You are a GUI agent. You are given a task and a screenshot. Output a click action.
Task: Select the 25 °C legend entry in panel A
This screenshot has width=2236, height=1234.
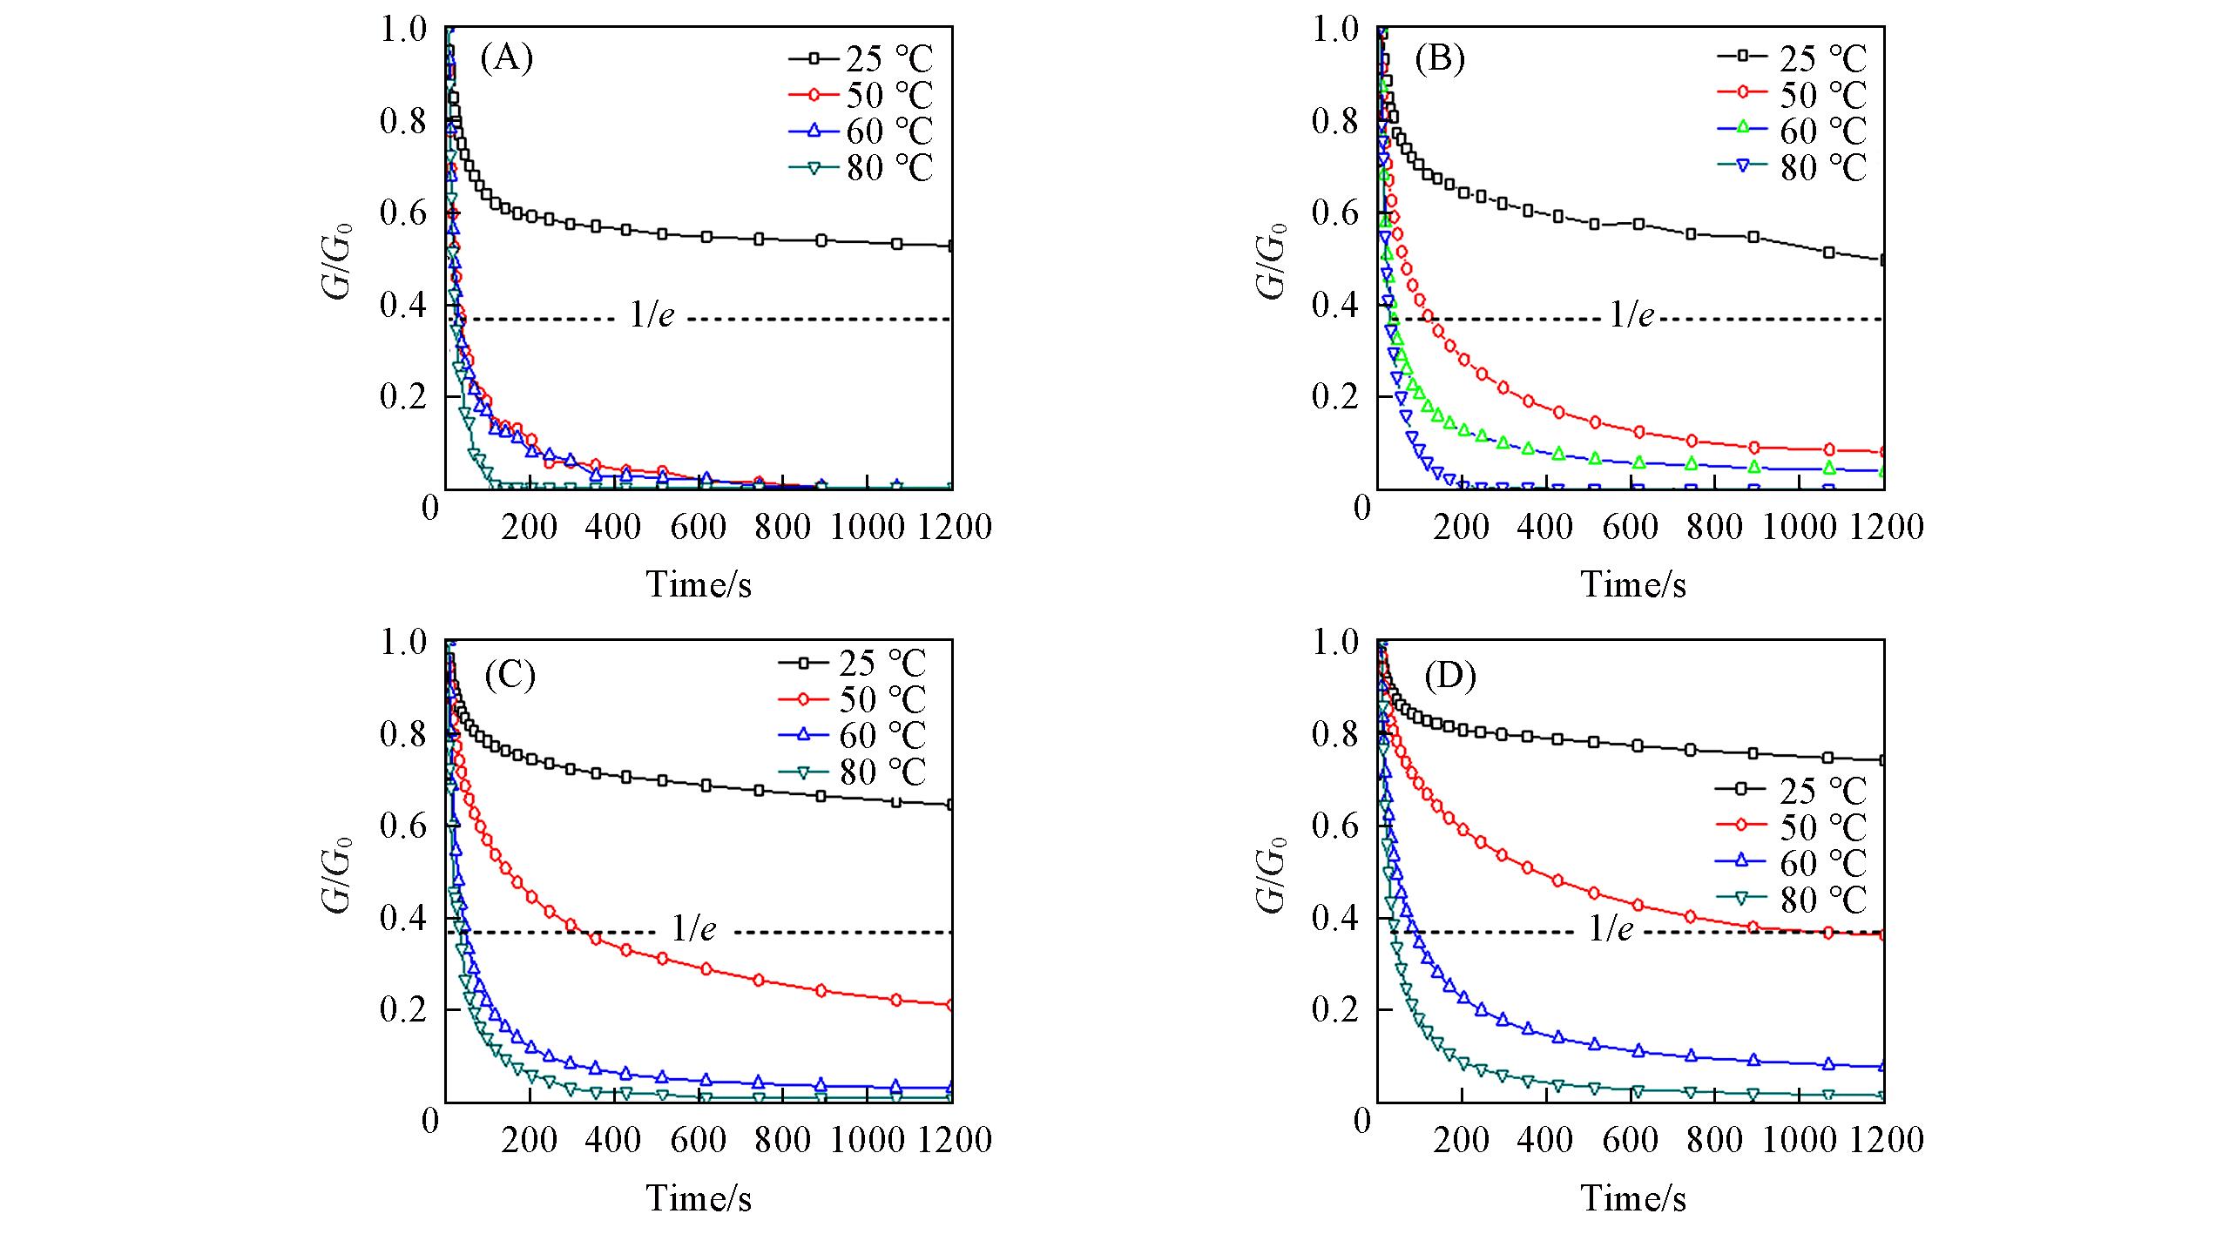862,59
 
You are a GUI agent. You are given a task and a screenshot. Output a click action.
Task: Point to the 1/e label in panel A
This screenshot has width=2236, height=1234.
652,315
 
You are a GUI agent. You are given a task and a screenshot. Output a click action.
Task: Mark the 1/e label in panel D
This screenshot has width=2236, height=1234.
1611,929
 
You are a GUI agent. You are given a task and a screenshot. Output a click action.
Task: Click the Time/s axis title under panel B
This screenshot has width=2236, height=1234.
1633,584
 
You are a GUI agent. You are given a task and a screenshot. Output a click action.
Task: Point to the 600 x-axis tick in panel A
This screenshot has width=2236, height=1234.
699,527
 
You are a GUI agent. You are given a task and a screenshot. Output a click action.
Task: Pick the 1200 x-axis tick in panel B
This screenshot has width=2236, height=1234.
1885,527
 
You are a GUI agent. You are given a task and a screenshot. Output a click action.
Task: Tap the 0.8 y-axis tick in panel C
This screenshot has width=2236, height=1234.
403,734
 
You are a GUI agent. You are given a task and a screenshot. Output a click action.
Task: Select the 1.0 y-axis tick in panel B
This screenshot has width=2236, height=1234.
1335,30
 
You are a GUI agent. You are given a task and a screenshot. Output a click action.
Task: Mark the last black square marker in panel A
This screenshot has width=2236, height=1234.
951,246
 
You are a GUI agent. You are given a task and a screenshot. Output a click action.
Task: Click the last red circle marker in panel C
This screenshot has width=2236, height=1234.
950,1005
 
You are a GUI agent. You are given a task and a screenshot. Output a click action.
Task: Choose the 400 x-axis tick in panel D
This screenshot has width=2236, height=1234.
1546,1140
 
